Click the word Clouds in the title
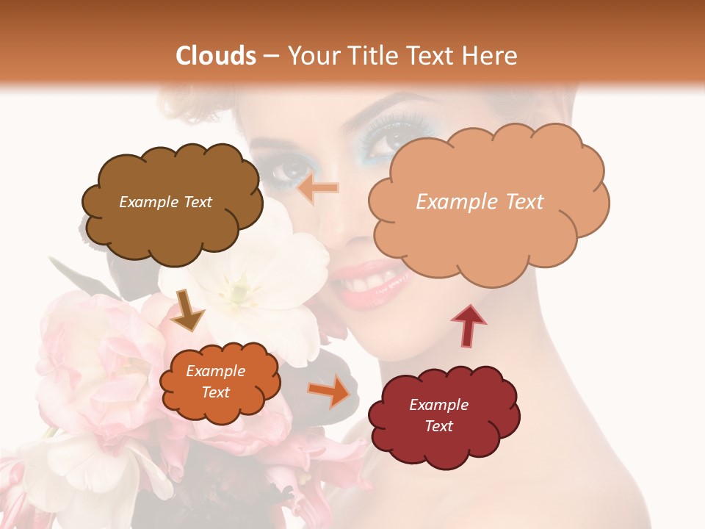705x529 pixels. [216, 56]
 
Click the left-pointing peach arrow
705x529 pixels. [320, 188]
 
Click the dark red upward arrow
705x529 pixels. [468, 325]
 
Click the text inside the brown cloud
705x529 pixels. [165, 202]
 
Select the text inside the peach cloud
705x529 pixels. [480, 202]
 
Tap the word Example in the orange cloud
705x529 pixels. [215, 371]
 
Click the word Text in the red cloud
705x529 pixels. [438, 426]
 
